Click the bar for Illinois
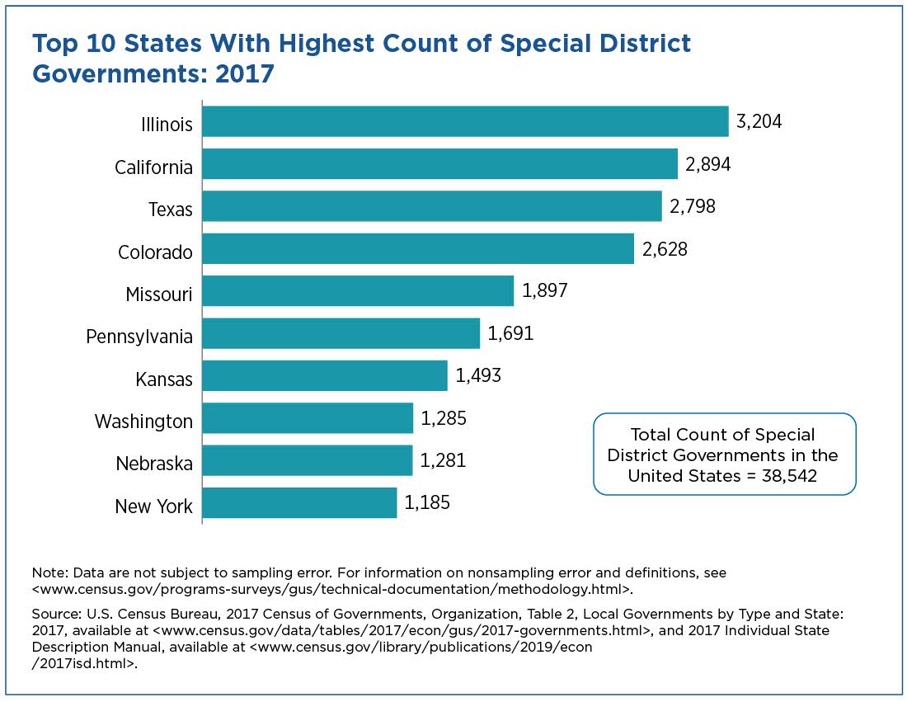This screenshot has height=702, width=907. point(465,121)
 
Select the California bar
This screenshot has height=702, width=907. point(439,164)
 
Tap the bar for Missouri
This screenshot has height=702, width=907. point(358,291)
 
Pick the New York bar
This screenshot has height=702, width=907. point(299,502)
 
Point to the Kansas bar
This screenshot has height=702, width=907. point(325,375)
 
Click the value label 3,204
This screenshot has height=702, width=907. point(759,122)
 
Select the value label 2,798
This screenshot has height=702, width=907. point(693,206)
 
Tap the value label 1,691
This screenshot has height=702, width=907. point(510,333)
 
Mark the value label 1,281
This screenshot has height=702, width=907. point(443,460)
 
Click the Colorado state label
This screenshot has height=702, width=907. point(155,252)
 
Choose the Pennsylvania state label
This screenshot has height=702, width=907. point(139,337)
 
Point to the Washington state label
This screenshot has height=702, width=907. point(143,422)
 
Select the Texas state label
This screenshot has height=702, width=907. point(171,210)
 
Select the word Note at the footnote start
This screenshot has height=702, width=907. point(46,572)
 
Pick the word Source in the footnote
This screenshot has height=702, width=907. point(54,615)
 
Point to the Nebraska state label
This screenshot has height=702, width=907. point(154,464)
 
